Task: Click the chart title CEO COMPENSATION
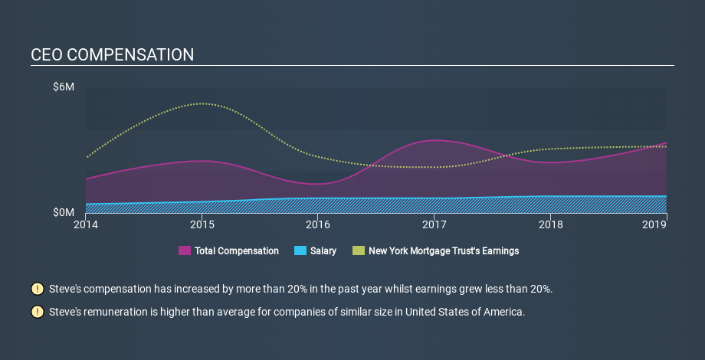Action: pyautogui.click(x=113, y=55)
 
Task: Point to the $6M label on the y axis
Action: pyautogui.click(x=64, y=87)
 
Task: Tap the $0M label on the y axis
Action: pyautogui.click(x=64, y=212)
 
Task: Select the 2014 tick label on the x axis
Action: pyautogui.click(x=86, y=224)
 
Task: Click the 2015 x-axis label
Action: pyautogui.click(x=202, y=224)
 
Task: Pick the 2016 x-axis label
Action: pyautogui.click(x=318, y=224)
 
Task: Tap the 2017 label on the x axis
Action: pyautogui.click(x=434, y=224)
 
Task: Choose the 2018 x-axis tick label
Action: pyautogui.click(x=550, y=224)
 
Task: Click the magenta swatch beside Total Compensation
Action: pyautogui.click(x=185, y=250)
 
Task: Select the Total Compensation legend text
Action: pyautogui.click(x=237, y=250)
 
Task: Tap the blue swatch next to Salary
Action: pyautogui.click(x=300, y=250)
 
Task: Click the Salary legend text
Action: pyautogui.click(x=323, y=250)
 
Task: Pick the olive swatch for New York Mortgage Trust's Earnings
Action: pyautogui.click(x=359, y=250)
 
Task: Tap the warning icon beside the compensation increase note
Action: pyautogui.click(x=38, y=289)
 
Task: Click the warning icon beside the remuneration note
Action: pyautogui.click(x=38, y=312)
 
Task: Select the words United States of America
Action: pyautogui.click(x=465, y=312)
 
